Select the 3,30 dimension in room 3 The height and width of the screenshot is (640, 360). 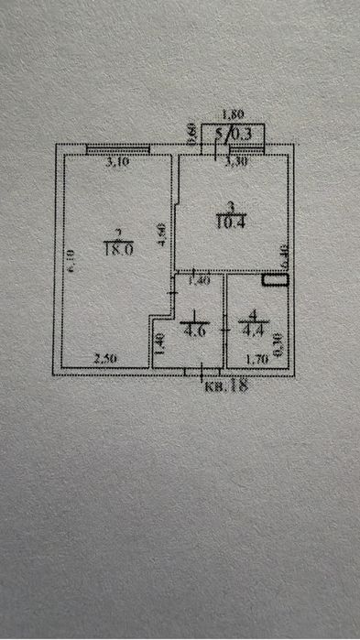point(235,165)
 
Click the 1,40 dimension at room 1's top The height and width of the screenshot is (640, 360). point(199,281)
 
